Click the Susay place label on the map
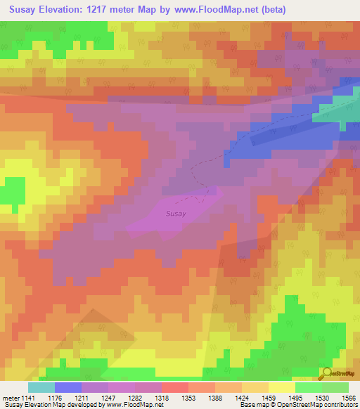tap(176, 214)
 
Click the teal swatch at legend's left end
tap(41, 387)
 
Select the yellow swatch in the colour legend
tap(281, 387)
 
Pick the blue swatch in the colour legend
tap(67, 387)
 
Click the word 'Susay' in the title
tap(26, 9)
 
